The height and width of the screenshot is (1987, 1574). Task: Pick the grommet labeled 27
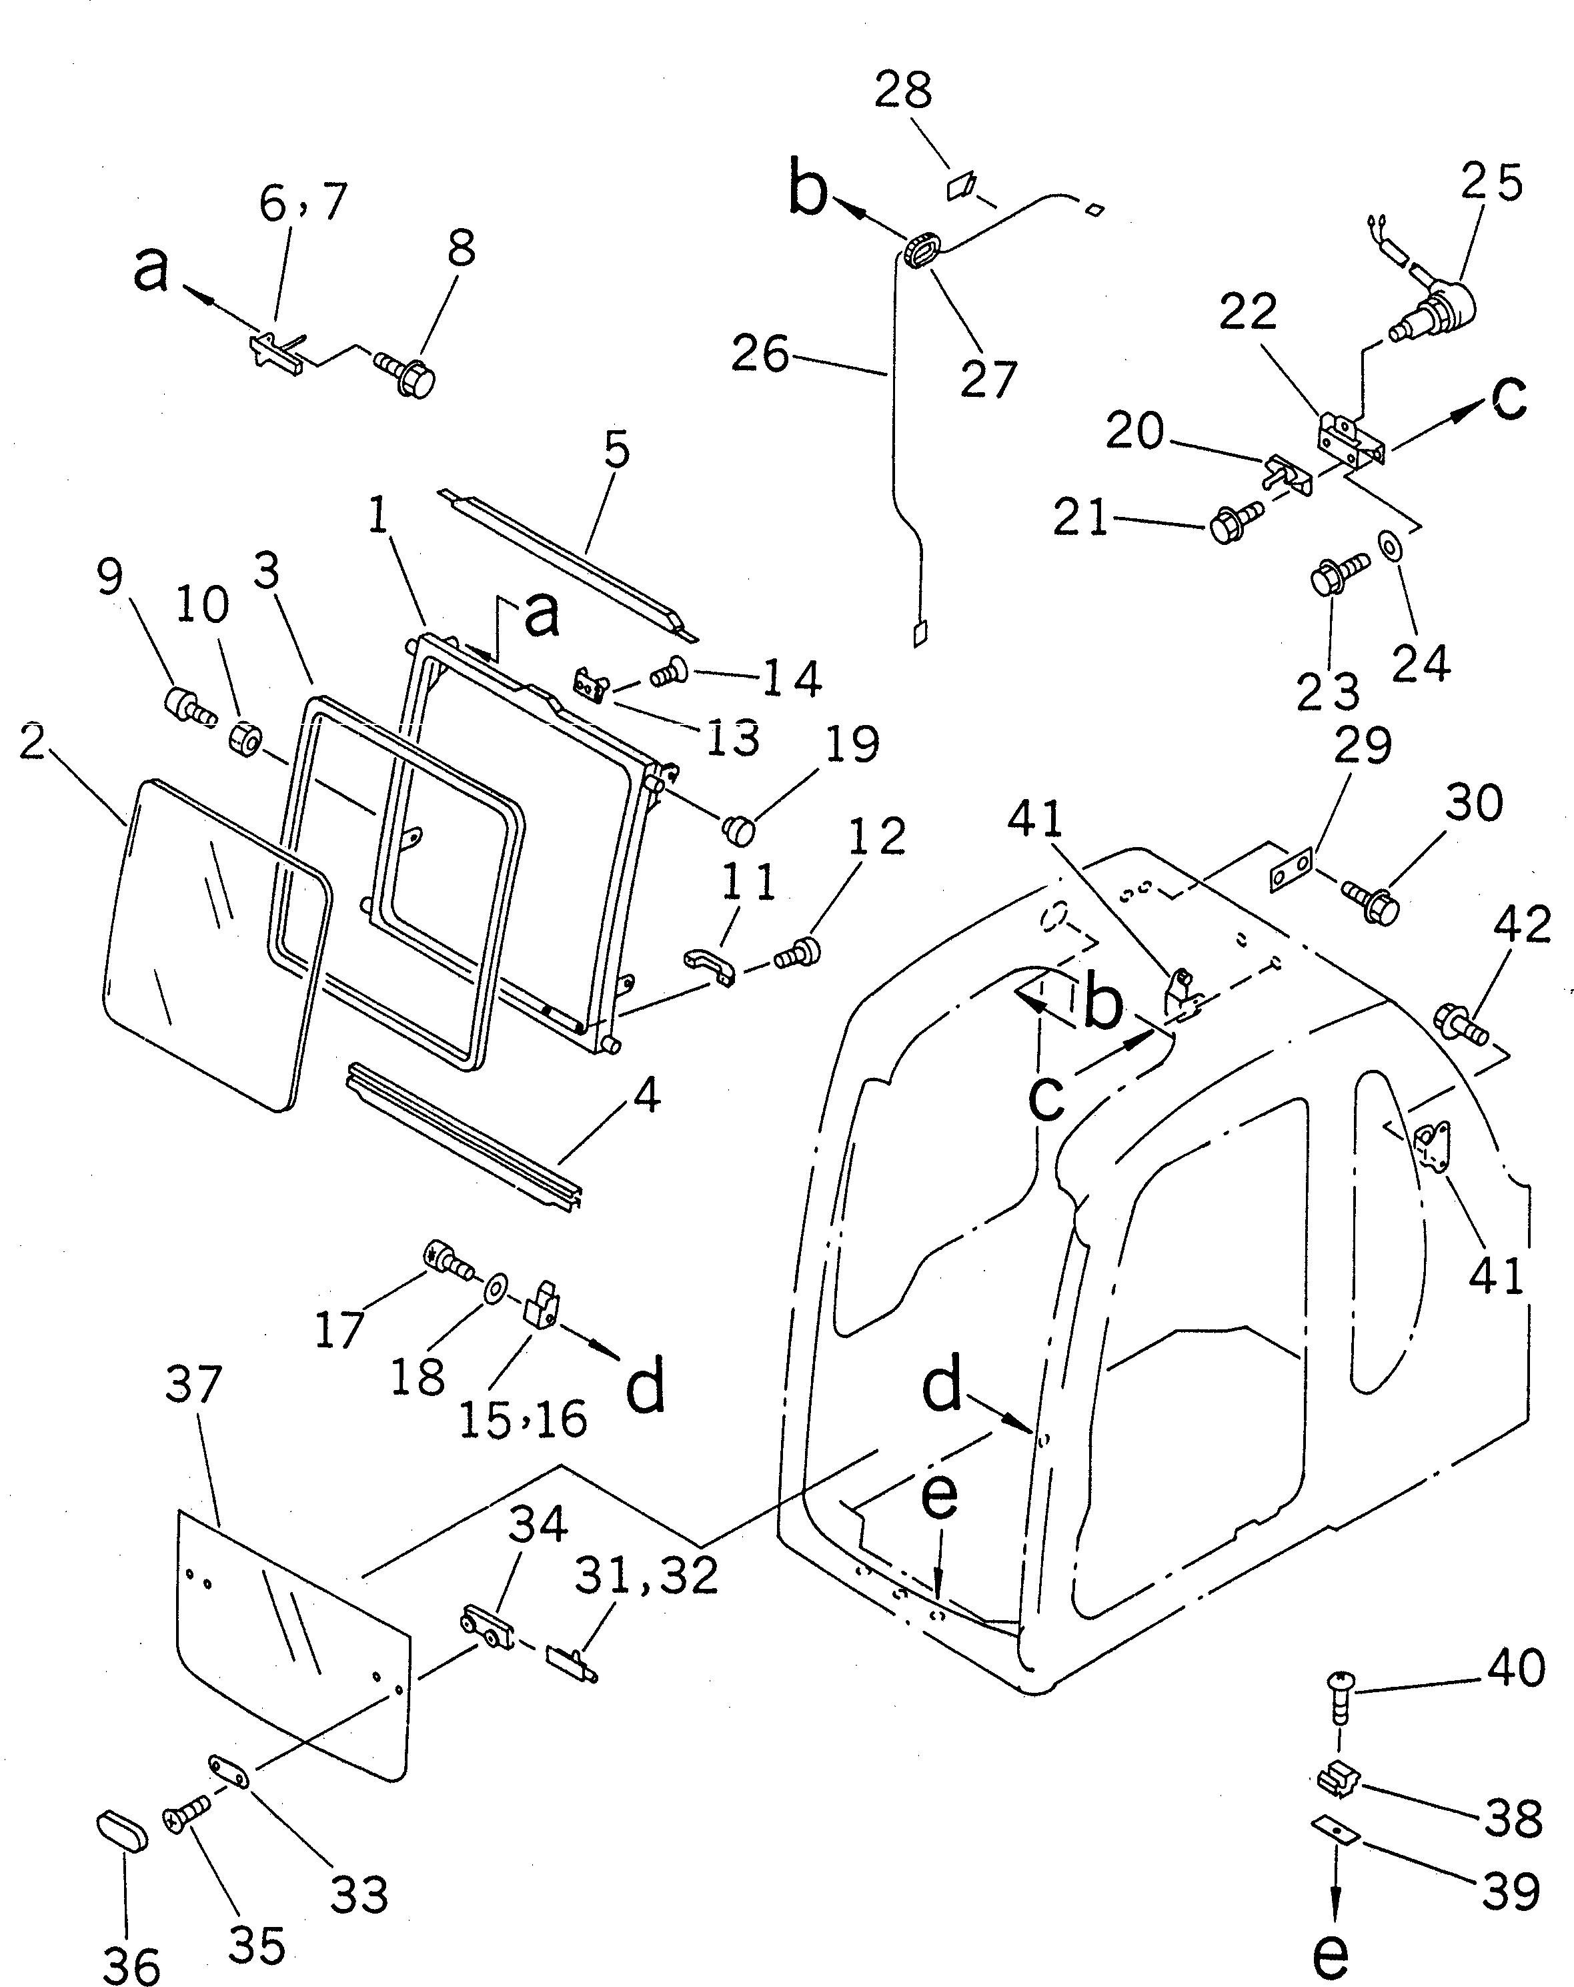point(920,251)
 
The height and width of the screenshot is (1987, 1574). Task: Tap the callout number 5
point(616,450)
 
